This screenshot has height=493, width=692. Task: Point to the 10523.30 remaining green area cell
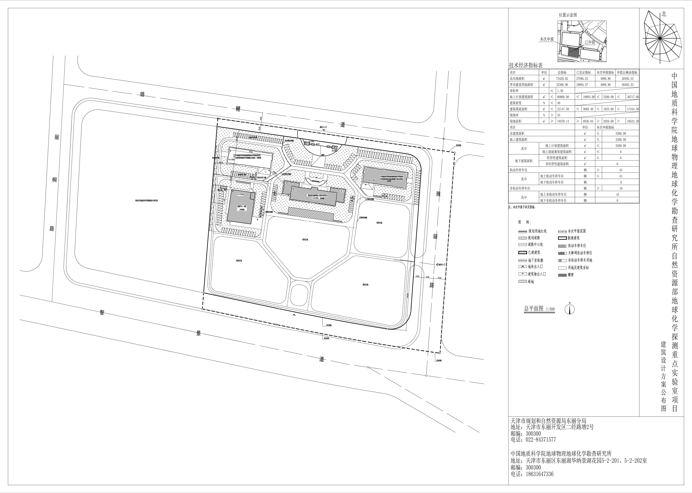pos(632,121)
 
